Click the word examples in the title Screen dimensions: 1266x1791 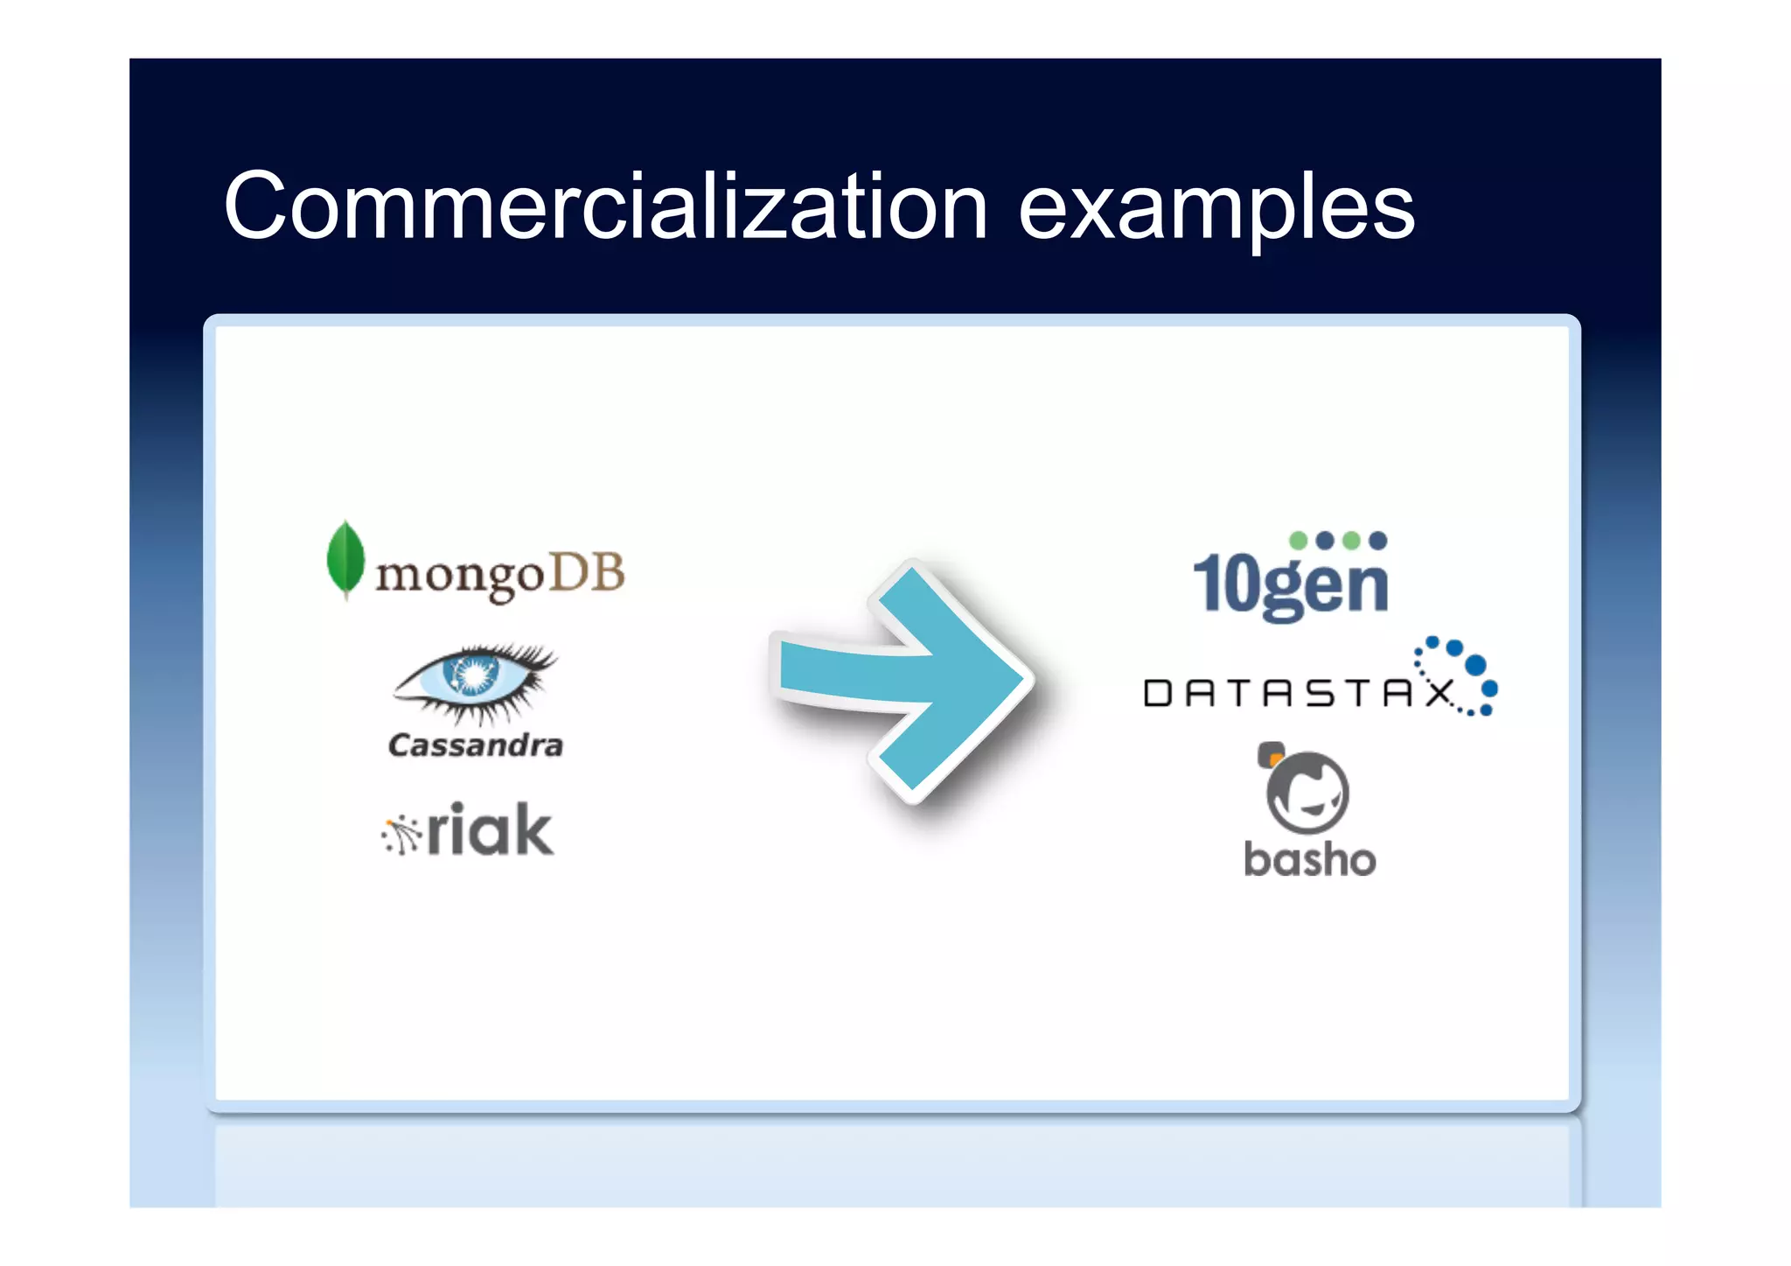click(1216, 210)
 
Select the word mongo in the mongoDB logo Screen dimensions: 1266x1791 click(460, 577)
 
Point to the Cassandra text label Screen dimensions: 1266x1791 click(476, 745)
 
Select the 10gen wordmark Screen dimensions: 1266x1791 click(1291, 584)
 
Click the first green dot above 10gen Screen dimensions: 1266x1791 click(1299, 541)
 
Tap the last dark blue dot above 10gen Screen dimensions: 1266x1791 click(1378, 541)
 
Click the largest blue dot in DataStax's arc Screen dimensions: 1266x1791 click(1475, 665)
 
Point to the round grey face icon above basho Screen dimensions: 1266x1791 click(1307, 793)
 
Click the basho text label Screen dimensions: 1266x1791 click(1309, 859)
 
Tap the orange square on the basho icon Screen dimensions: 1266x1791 click(1272, 753)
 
